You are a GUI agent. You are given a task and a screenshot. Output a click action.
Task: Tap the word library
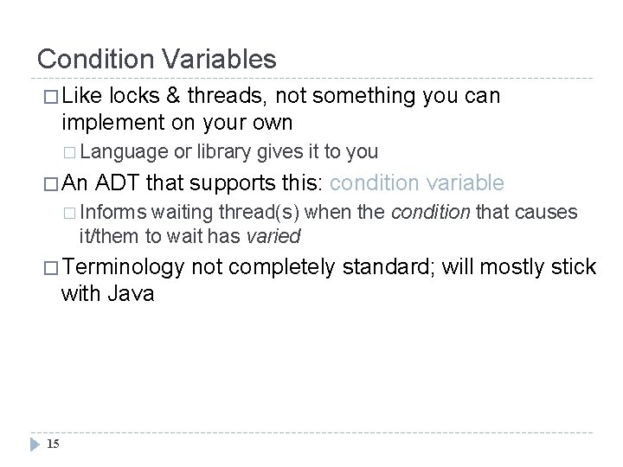click(x=222, y=152)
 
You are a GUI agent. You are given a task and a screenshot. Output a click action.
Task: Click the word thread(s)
click(x=260, y=214)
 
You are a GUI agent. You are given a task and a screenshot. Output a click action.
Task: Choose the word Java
click(x=131, y=293)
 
